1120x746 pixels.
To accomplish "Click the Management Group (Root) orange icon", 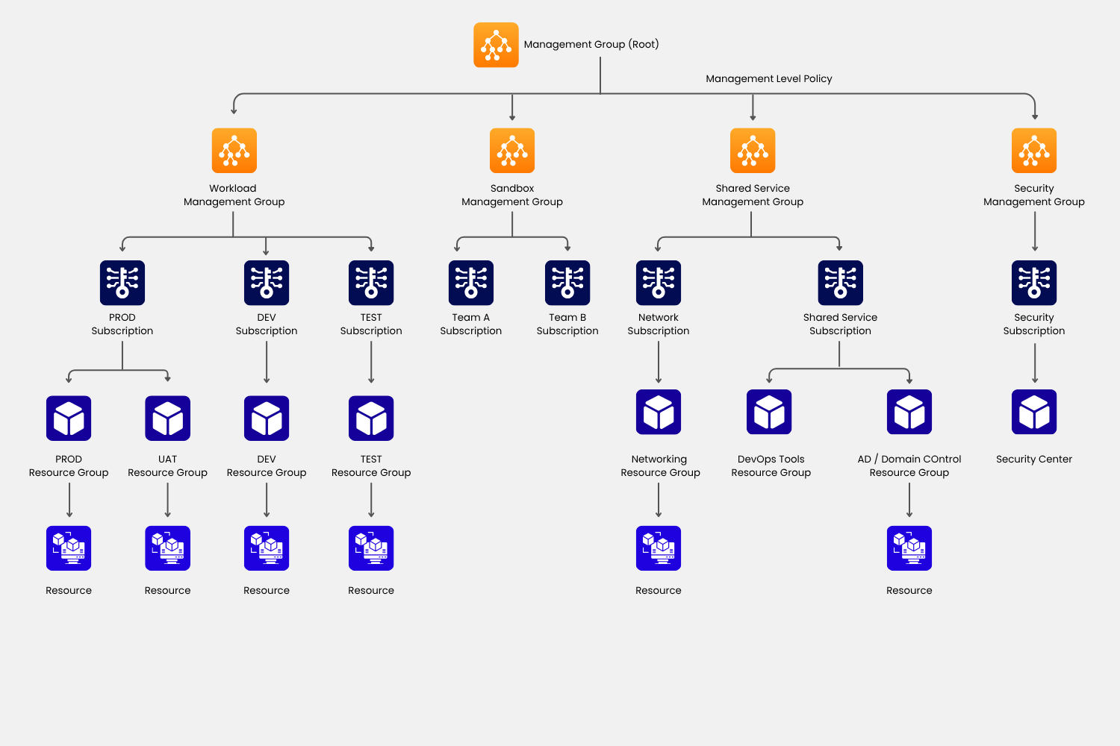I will (496, 45).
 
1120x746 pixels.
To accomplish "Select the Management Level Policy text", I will (768, 78).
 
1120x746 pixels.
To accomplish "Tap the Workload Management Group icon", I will (234, 150).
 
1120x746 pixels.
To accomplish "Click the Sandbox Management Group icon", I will (512, 150).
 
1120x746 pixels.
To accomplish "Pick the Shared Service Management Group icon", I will (753, 150).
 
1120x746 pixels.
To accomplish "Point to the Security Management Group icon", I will (1034, 150).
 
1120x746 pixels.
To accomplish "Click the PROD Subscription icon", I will (122, 283).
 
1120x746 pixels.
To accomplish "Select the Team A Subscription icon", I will (471, 283).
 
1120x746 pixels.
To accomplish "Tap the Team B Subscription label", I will (567, 324).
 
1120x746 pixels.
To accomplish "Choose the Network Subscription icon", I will (659, 283).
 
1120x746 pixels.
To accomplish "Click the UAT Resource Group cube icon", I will (167, 419).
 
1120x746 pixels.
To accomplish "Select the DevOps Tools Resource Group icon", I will (769, 412).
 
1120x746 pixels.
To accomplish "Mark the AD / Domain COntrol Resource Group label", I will (909, 466).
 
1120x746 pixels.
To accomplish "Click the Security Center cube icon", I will (1034, 412).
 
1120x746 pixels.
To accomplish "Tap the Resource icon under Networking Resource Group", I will (659, 548).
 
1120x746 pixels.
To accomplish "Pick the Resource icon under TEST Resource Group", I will (371, 548).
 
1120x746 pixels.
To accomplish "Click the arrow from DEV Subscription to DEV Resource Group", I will (267, 363).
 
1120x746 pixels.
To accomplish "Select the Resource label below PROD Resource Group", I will (69, 590).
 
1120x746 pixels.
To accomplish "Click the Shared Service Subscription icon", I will (840, 283).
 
